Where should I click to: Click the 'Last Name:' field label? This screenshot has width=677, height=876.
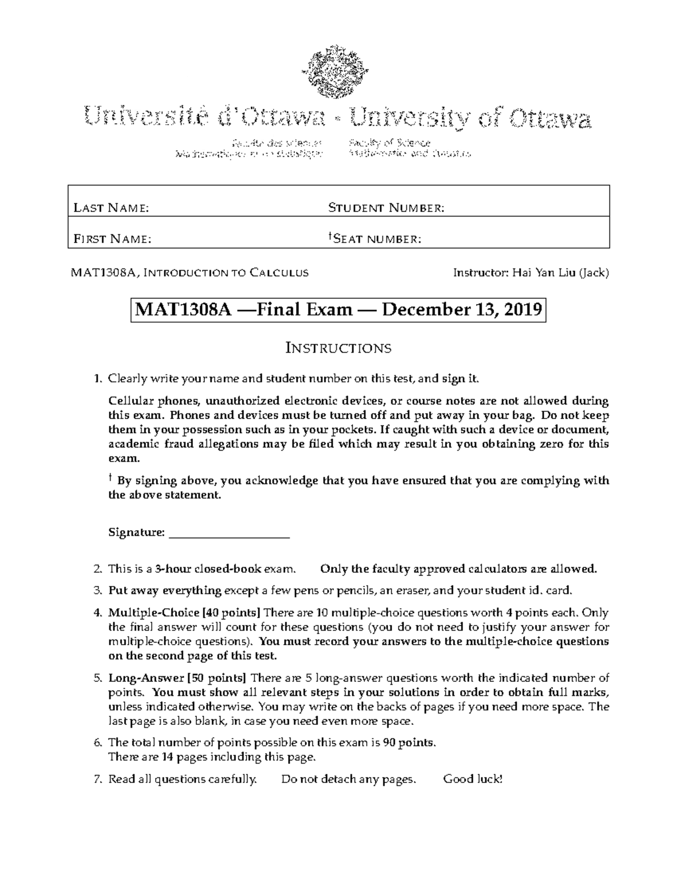(x=111, y=209)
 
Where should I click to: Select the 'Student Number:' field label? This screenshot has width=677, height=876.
(x=386, y=209)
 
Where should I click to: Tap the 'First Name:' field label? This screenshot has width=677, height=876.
(x=112, y=239)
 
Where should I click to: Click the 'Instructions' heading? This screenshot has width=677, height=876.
(x=338, y=347)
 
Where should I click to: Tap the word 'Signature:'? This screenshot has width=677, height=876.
(x=136, y=532)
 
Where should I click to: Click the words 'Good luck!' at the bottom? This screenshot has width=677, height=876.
(x=472, y=780)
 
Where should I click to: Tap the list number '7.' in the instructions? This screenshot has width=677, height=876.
(x=98, y=780)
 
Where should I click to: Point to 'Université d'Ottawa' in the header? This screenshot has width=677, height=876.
(x=205, y=119)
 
